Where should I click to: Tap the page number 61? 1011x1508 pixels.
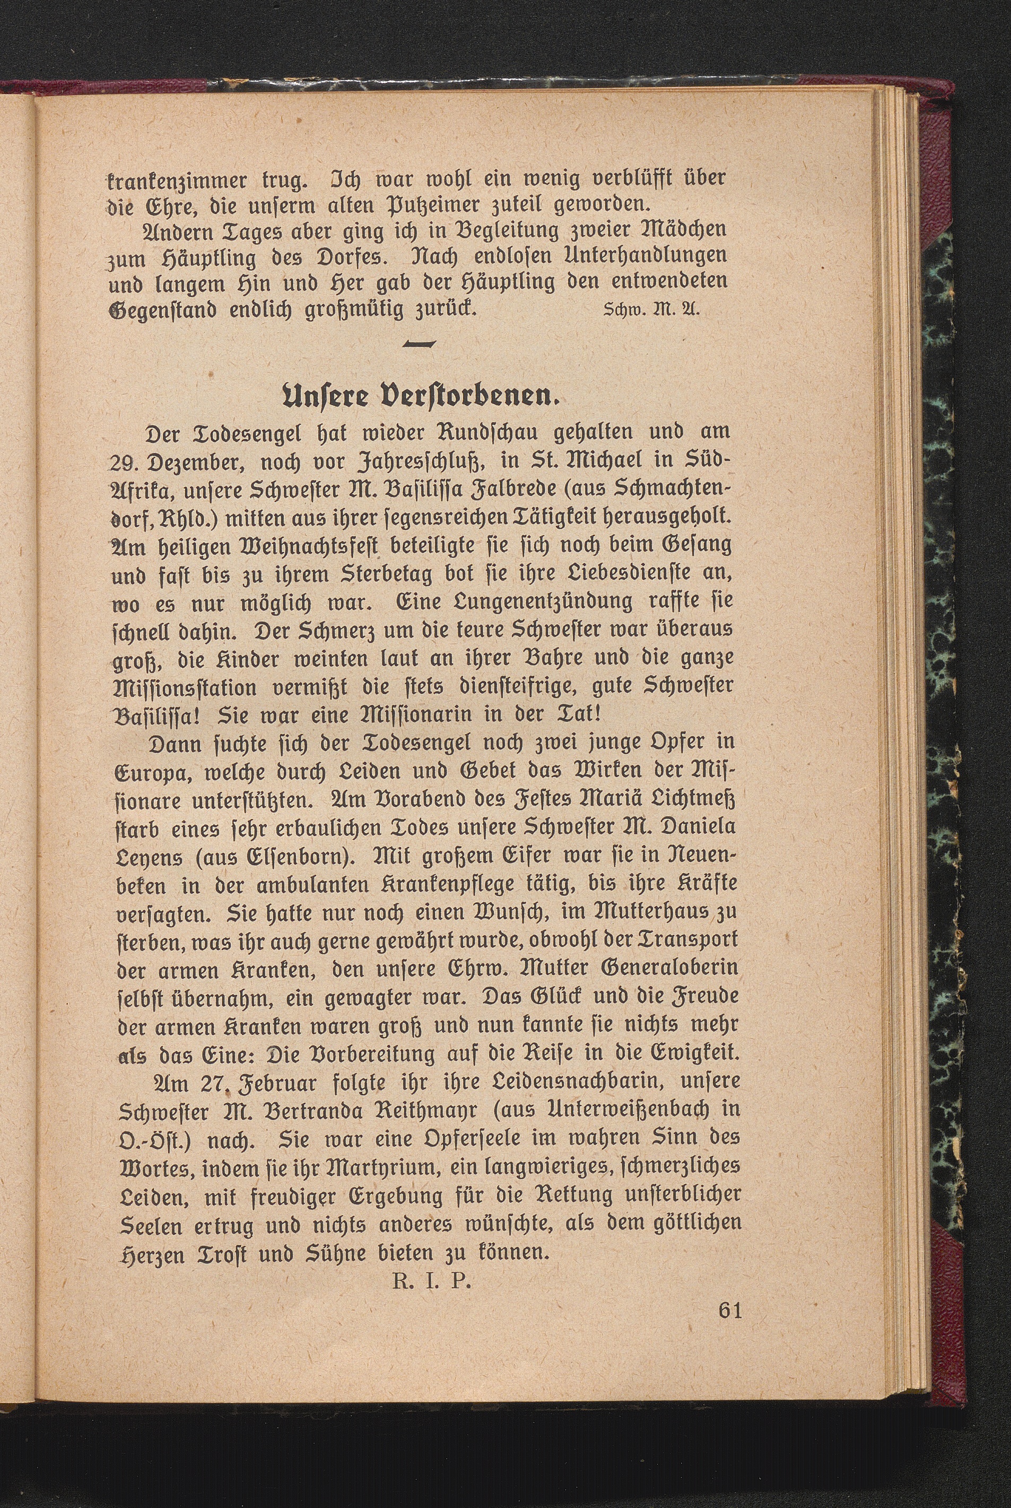point(729,1310)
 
